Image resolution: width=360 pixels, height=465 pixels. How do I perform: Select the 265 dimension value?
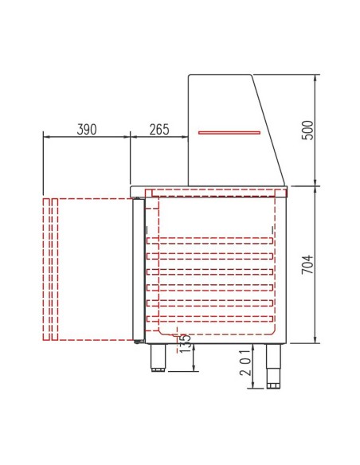point(158,130)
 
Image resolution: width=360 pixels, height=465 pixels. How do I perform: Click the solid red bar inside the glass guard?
point(229,132)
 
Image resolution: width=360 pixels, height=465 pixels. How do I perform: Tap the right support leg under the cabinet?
point(275,362)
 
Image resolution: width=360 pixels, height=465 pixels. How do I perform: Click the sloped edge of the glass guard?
point(269,127)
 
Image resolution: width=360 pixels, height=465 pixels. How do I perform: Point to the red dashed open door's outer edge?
point(45,268)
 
